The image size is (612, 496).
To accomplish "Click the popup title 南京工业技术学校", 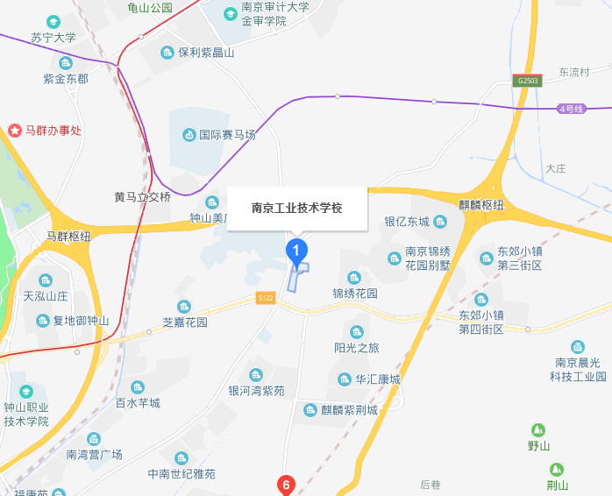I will point(296,209).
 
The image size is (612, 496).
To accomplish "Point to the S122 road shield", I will point(266,299).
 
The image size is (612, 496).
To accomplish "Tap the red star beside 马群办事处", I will point(15,131).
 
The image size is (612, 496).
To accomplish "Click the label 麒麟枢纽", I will point(481,204).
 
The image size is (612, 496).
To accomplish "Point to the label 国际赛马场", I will point(227,135).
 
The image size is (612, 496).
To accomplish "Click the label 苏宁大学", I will point(53,38).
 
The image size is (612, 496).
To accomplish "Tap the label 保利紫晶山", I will point(206,53).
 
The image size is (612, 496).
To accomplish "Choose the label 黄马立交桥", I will point(142,196).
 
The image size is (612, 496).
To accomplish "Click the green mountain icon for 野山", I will point(538,430).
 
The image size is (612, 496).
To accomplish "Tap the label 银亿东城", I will point(408,221).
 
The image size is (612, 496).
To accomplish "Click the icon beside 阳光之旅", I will point(356,331).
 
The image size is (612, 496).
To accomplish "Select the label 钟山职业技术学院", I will point(26,414).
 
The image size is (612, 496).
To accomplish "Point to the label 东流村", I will point(573,73).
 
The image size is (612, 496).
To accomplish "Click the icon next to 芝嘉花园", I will point(184,306).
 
